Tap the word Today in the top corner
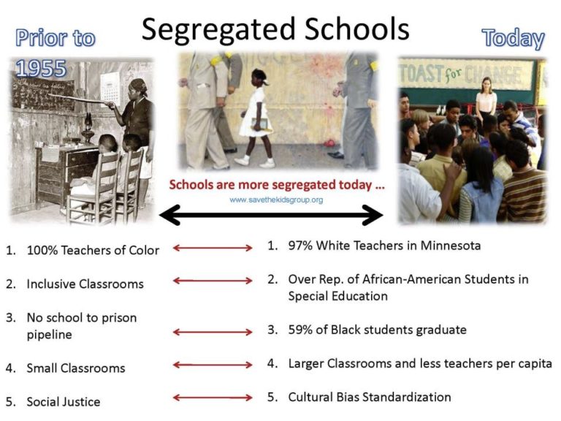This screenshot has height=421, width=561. [x=513, y=39]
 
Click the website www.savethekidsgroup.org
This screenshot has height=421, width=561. [x=276, y=200]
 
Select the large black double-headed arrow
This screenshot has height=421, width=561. [x=271, y=215]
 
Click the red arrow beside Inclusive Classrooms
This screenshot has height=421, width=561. [x=213, y=281]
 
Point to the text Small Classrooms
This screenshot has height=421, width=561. [x=76, y=368]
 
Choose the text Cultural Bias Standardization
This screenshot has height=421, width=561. [x=369, y=397]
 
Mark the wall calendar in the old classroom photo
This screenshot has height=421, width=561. [x=110, y=87]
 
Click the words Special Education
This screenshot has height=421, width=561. [x=337, y=296]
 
